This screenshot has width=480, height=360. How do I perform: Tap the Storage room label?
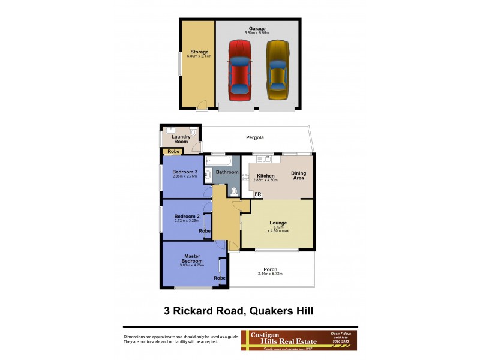tap(199, 52)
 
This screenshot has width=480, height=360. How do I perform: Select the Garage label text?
tap(257, 29)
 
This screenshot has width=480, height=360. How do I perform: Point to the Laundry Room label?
tap(181, 140)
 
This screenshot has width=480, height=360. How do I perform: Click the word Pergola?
tap(256, 137)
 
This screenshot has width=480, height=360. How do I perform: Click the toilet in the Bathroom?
tap(233, 191)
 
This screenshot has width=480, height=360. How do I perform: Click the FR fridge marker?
tap(257, 194)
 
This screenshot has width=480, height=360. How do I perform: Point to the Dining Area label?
tap(298, 176)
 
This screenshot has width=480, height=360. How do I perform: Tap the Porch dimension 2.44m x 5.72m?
tap(270, 274)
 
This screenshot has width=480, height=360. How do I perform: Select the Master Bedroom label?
tap(193, 259)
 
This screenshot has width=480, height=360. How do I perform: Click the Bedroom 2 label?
tap(186, 216)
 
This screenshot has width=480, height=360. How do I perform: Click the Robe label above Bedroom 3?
tap(173, 152)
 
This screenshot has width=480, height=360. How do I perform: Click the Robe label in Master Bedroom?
tap(220, 278)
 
